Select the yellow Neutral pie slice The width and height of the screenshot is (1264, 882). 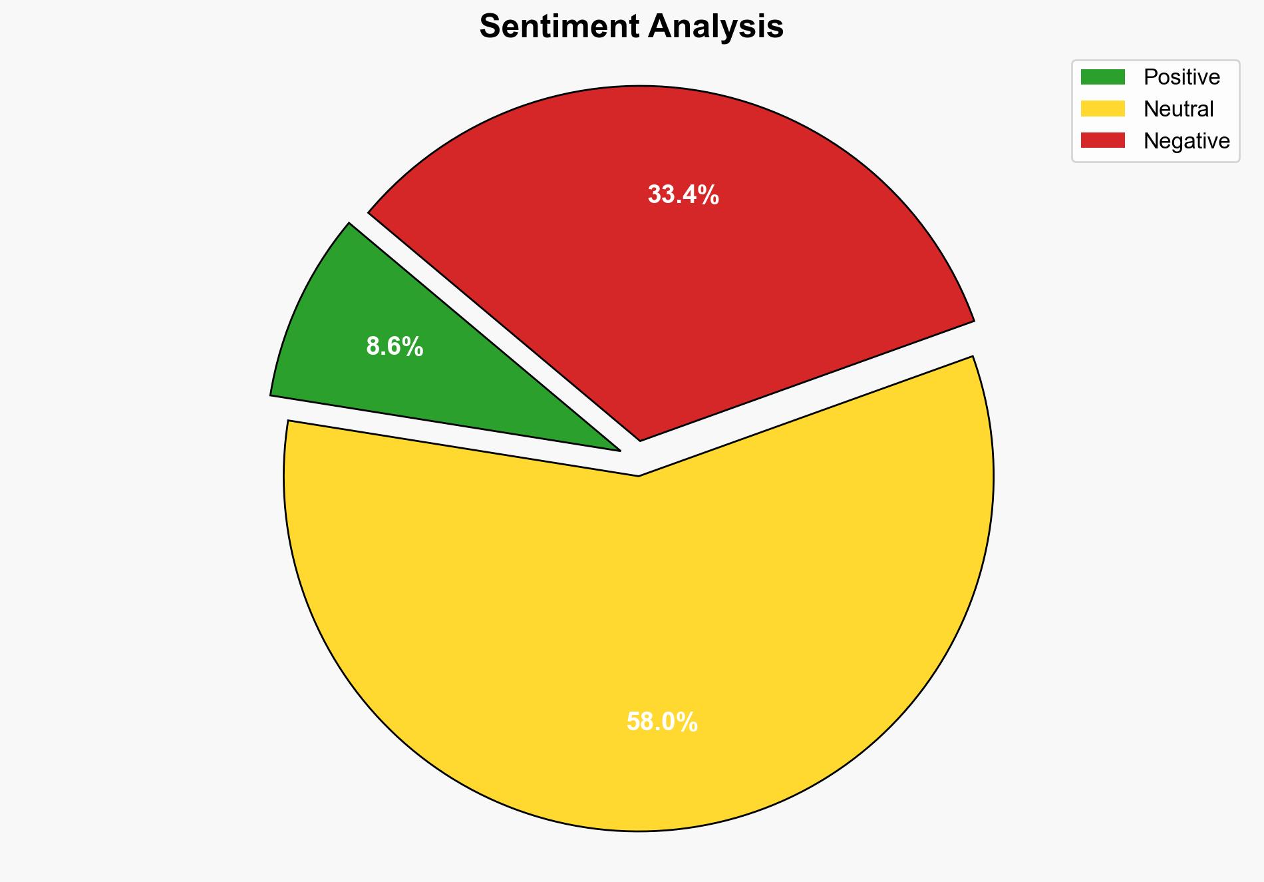[x=639, y=632]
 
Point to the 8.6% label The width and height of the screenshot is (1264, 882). [x=395, y=347]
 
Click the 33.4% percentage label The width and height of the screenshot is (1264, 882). [x=683, y=195]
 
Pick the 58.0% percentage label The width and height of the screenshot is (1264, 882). [x=662, y=722]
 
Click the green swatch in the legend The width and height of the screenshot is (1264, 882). [x=1102, y=77]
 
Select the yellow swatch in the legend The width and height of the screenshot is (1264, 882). [x=1102, y=109]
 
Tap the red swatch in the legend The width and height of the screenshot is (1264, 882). [x=1102, y=140]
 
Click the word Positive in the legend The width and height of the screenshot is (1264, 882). [x=1182, y=77]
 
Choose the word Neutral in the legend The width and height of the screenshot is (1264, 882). [x=1178, y=109]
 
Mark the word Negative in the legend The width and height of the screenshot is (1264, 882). [x=1186, y=141]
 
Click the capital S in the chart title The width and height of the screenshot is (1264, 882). [x=490, y=27]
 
